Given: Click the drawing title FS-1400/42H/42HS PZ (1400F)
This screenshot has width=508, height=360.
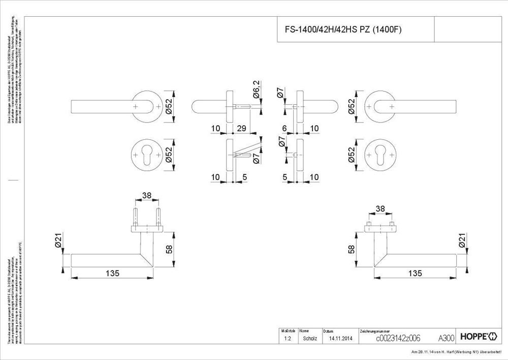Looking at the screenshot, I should click(340, 30).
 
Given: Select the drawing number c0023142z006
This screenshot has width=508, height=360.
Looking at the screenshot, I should click(398, 338).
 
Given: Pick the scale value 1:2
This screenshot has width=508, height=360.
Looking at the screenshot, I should click(287, 338).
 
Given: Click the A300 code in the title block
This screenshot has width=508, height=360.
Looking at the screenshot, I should click(446, 338).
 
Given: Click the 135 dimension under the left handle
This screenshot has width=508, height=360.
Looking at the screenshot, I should click(112, 273).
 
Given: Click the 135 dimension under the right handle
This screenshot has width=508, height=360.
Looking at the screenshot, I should click(415, 273).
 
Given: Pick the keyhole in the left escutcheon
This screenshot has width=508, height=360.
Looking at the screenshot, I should click(147, 152).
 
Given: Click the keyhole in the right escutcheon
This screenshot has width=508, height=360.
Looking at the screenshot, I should click(379, 152).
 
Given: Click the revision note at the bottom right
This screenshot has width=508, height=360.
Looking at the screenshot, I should click(458, 352).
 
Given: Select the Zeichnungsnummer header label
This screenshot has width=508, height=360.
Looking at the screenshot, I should click(375, 331).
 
